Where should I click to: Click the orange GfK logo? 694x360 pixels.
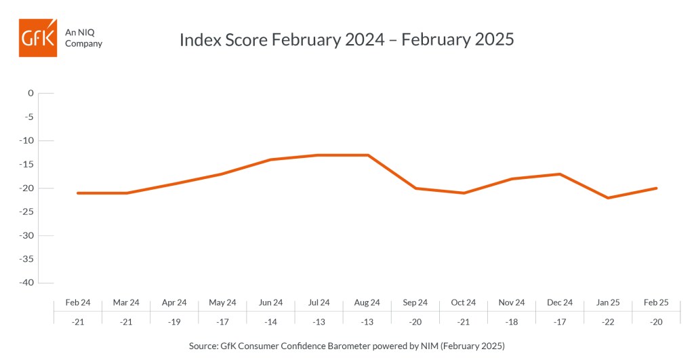(38, 38)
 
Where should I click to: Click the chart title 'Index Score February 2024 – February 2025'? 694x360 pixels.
(346, 39)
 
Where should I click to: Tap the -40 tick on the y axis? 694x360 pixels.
(26, 283)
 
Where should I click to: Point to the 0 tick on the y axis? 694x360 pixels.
(30, 93)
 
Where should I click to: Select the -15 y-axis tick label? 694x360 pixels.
(26, 164)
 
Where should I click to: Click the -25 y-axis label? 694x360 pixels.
(26, 212)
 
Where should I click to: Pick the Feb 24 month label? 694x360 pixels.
(78, 302)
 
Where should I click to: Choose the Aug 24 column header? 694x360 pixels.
(367, 302)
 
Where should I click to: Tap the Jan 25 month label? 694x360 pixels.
(608, 302)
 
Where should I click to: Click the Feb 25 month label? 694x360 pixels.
(656, 302)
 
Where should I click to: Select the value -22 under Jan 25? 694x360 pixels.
(608, 322)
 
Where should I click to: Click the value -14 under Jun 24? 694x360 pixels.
(270, 322)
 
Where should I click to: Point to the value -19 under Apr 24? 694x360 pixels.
(174, 322)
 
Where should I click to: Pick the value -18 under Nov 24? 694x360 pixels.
(511, 322)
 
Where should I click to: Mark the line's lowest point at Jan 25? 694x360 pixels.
(608, 197)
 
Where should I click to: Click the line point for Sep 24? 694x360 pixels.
(415, 188)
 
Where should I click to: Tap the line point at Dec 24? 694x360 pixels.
(560, 174)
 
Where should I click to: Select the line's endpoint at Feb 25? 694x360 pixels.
(656, 188)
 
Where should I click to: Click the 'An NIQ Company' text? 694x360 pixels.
(83, 38)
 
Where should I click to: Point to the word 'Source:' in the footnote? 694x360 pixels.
(203, 346)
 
